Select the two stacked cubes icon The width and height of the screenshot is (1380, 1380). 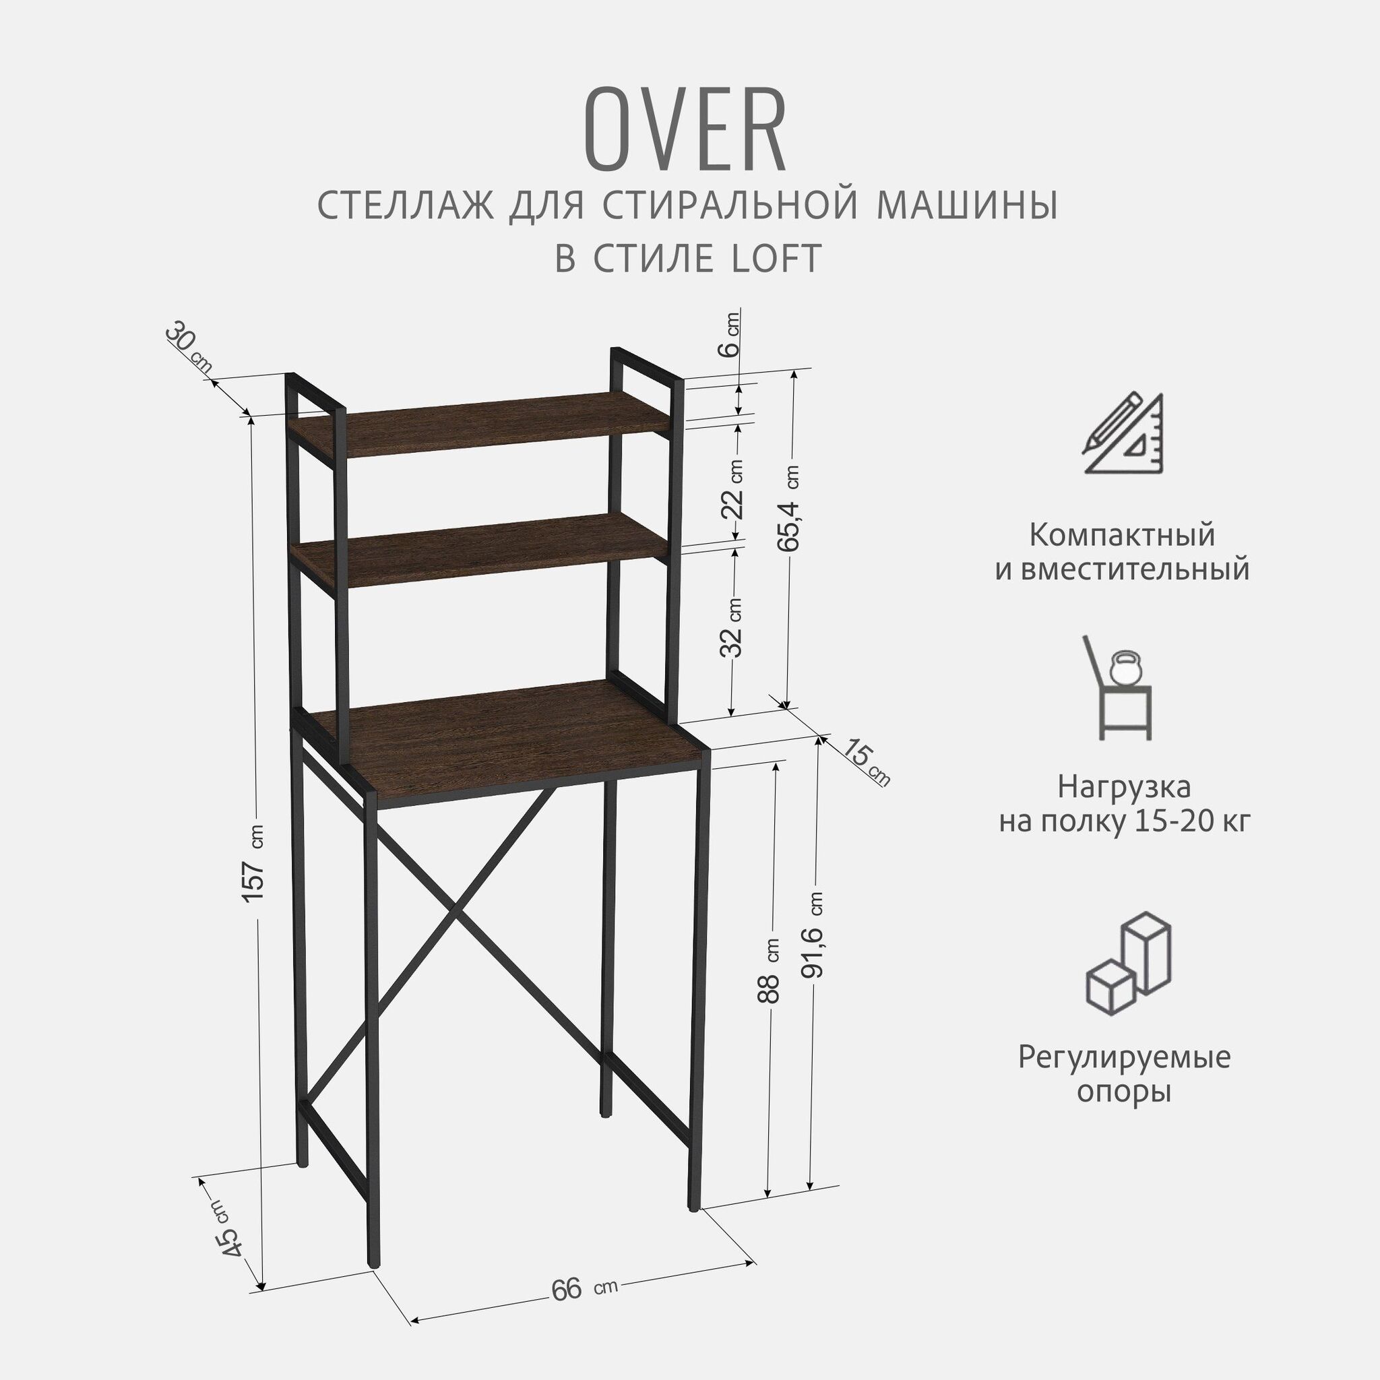tap(1128, 962)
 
